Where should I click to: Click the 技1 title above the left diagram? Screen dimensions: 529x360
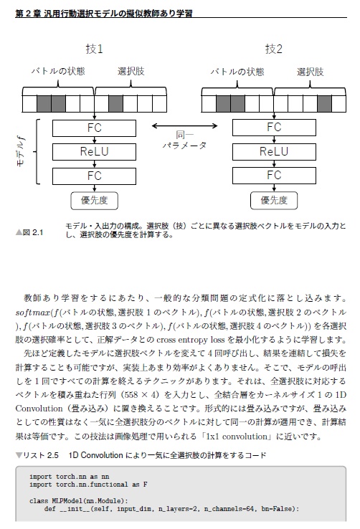tap(94, 49)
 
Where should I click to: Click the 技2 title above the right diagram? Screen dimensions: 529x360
tap(273, 49)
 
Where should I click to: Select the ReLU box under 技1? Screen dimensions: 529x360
tap(94, 151)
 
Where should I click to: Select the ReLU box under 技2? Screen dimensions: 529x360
tap(273, 151)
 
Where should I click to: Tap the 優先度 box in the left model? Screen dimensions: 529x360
tap(94, 200)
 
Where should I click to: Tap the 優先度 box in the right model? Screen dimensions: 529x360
tap(273, 200)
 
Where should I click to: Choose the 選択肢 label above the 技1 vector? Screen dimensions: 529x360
tap(131, 72)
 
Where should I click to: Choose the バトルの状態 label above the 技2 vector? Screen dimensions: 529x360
tap(237, 72)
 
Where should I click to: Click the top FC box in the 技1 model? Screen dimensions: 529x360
tap(94, 128)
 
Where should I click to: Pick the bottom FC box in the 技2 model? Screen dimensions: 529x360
tap(273, 175)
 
